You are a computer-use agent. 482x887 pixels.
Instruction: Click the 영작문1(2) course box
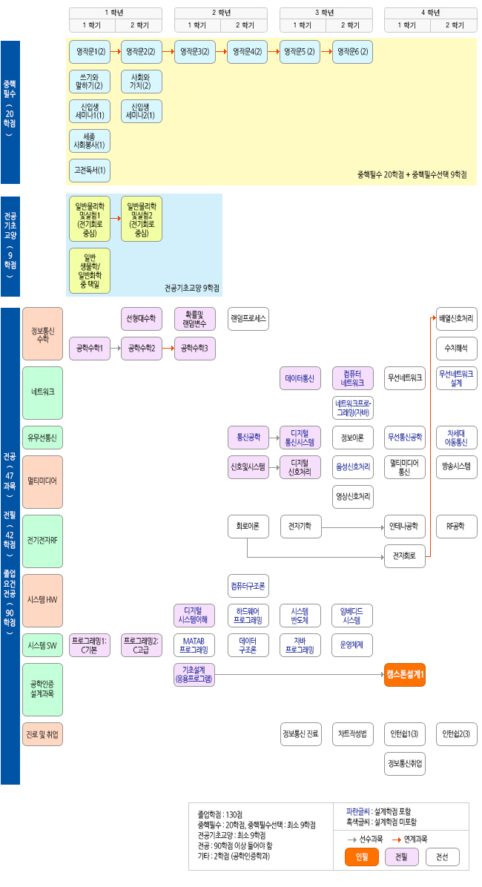tap(89, 52)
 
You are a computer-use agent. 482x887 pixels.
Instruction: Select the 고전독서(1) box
tap(89, 171)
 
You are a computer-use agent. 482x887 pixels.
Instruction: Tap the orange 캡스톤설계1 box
tap(405, 674)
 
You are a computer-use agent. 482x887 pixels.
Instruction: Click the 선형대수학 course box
tap(142, 319)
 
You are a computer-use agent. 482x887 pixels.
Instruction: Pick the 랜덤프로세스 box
tap(248, 319)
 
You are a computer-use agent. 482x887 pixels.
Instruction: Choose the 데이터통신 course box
tap(300, 378)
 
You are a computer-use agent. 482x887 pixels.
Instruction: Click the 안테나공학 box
tap(405, 527)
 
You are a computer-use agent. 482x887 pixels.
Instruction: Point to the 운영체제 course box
tap(352, 645)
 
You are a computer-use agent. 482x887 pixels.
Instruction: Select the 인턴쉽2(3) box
tap(457, 734)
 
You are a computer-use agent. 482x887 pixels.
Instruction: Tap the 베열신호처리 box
tap(457, 319)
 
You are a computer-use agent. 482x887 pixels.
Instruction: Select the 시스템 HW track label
tap(42, 600)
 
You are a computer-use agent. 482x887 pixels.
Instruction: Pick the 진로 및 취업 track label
tap(42, 734)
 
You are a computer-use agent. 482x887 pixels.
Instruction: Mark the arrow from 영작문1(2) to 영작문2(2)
tap(115, 52)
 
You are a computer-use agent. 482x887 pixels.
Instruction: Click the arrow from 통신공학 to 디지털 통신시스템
tap(274, 438)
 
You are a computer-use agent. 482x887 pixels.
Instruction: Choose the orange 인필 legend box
tap(362, 857)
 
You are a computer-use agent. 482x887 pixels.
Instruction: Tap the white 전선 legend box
tap(443, 857)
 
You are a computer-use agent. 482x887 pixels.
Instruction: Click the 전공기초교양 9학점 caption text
tap(192, 288)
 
